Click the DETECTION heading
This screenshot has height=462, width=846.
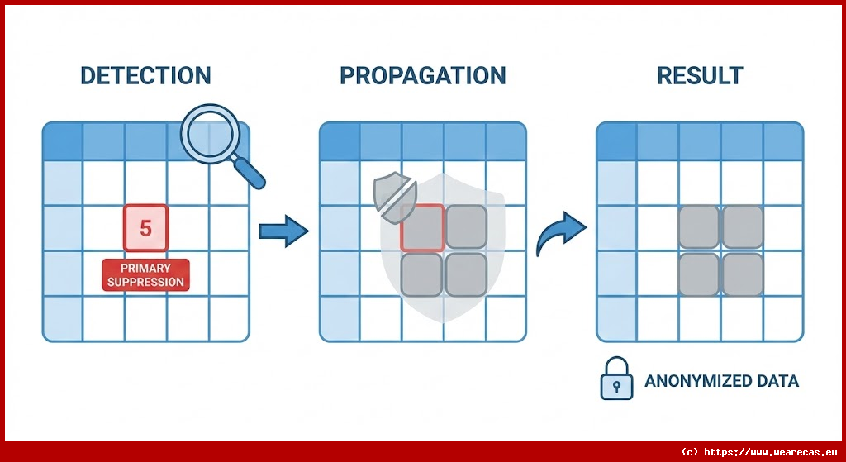point(145,76)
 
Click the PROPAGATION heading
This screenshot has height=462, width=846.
point(422,76)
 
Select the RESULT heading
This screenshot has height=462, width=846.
point(700,76)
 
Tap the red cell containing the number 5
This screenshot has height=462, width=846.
point(145,228)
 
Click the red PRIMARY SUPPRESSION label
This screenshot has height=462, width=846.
point(145,275)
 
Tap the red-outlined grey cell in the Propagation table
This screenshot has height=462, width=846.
point(423,228)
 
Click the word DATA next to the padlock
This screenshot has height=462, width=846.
point(777,382)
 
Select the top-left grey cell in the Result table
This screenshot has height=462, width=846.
point(699,227)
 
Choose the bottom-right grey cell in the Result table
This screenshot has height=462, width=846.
point(743,274)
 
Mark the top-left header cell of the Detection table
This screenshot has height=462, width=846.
point(63,141)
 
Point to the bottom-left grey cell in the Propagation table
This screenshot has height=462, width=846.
point(422,274)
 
